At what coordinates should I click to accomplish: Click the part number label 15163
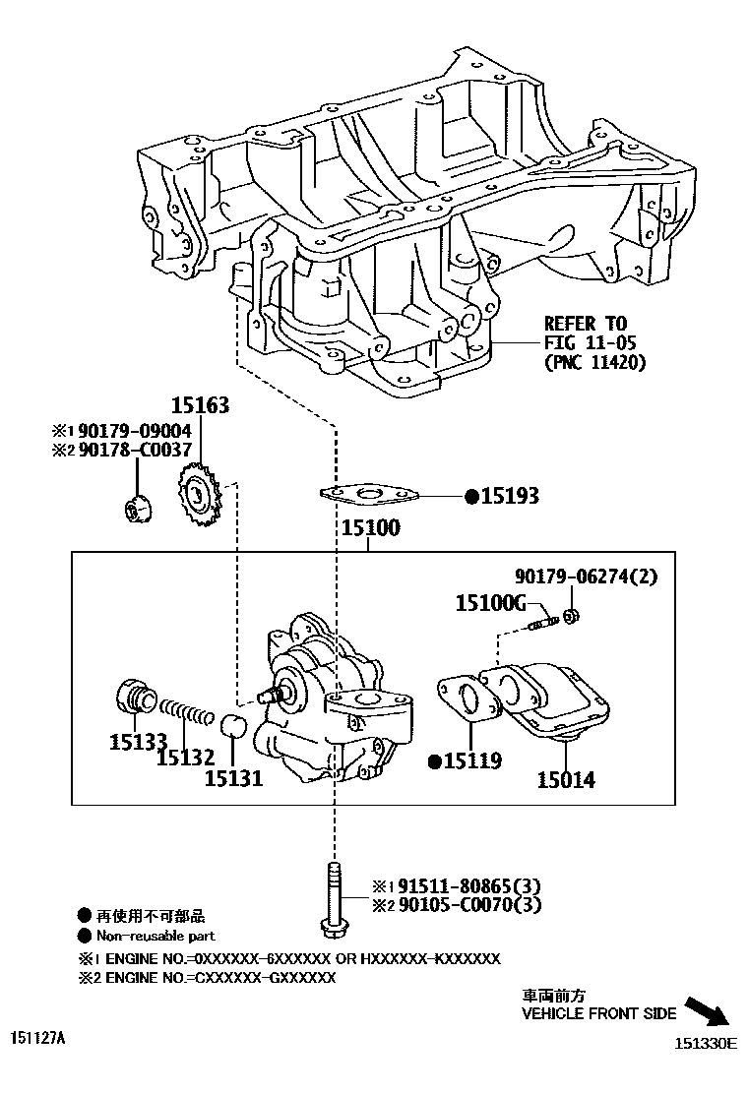(200, 404)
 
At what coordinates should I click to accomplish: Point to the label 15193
(509, 497)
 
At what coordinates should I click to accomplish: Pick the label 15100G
(491, 603)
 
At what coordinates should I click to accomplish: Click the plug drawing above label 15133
(132, 695)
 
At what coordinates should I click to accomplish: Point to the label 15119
(471, 760)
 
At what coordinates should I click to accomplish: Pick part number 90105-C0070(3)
(464, 904)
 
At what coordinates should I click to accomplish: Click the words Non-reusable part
(155, 936)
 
